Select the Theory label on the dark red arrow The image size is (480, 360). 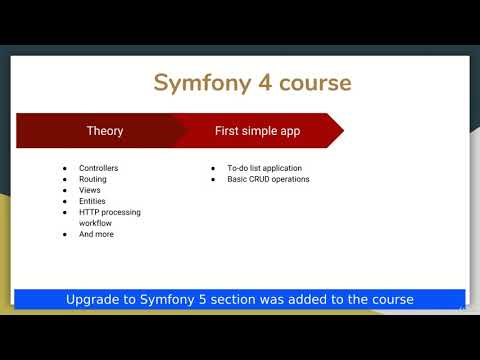(105, 131)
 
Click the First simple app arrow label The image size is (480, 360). (257, 131)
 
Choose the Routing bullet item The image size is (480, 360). (93, 179)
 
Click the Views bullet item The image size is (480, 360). (90, 190)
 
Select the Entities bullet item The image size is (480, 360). (93, 201)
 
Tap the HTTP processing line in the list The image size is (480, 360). (110, 212)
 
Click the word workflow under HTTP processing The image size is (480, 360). (96, 223)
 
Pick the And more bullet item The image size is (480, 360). (96, 234)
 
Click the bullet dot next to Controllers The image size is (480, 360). (64, 168)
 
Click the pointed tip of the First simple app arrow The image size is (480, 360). (342, 131)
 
